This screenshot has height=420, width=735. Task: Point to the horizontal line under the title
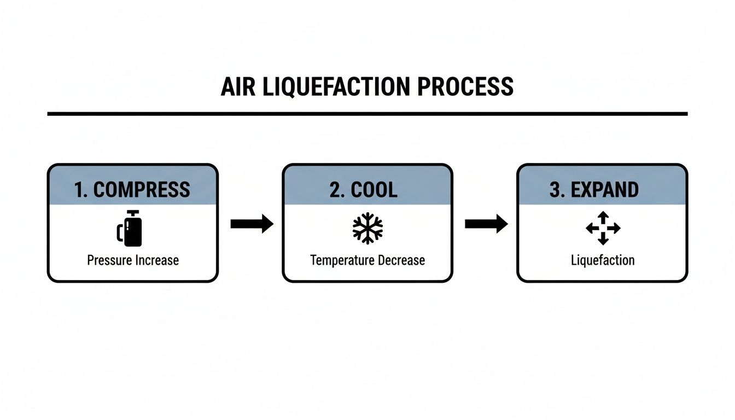367,114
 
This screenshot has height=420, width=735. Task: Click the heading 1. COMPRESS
132,190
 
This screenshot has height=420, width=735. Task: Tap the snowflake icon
367,228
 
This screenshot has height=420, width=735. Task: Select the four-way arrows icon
603,228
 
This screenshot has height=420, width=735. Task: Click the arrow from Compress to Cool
252,223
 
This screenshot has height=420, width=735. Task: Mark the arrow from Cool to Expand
486,223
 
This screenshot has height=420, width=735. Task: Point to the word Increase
156,260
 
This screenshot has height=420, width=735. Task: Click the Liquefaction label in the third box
603,260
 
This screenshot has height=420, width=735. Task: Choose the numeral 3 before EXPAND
554,190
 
